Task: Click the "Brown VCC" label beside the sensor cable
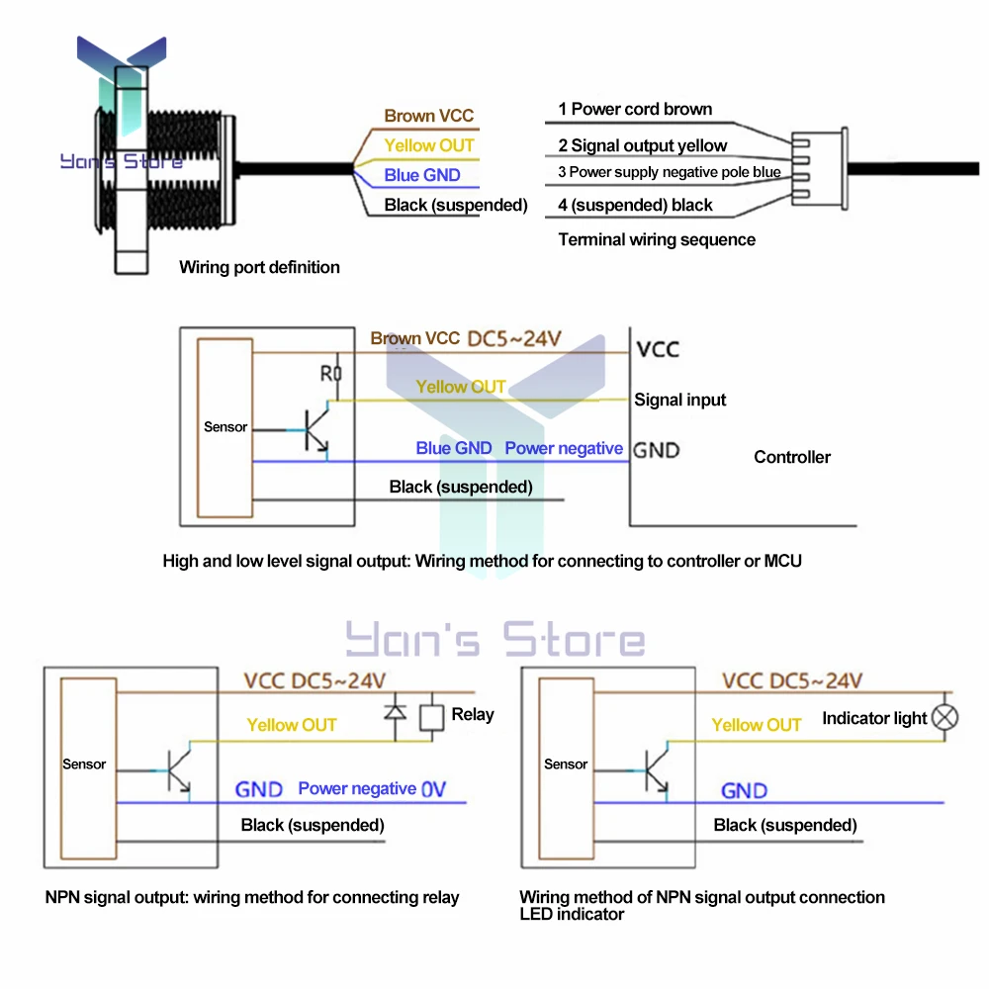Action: (x=429, y=116)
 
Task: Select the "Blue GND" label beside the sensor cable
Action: (x=422, y=175)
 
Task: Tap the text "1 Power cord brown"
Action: (x=635, y=109)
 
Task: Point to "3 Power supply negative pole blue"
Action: (x=670, y=172)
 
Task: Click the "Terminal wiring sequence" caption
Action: (x=657, y=239)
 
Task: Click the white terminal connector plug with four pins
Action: (x=819, y=168)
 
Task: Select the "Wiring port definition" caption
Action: (x=259, y=267)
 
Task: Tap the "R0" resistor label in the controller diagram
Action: (x=330, y=374)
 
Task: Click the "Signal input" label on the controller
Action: (x=680, y=400)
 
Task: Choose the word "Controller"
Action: (x=792, y=457)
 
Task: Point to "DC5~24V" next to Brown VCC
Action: (x=514, y=338)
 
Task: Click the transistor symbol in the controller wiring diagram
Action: (x=316, y=430)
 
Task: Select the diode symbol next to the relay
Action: (x=396, y=713)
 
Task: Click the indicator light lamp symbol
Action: (x=944, y=718)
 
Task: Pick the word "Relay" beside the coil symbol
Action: (x=473, y=715)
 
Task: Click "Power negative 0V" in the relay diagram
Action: (x=372, y=789)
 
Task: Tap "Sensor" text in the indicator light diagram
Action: (x=565, y=764)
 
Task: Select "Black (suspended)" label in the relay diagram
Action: (x=313, y=826)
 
